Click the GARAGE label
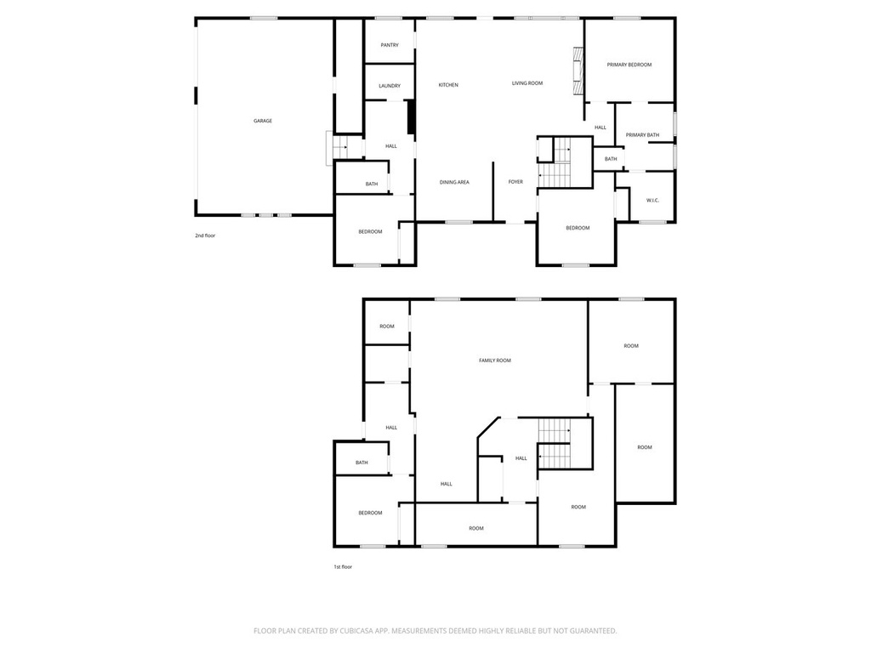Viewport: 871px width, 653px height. [x=263, y=121]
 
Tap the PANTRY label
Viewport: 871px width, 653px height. [x=390, y=45]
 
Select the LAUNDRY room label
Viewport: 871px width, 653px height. [x=390, y=86]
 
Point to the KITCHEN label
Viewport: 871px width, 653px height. [x=448, y=85]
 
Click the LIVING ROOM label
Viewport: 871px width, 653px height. [x=527, y=83]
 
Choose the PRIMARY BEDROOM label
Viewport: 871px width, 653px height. [x=629, y=65]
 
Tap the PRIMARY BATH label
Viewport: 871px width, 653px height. [x=642, y=135]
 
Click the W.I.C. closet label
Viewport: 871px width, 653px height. [x=653, y=201]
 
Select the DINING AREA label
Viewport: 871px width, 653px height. [x=454, y=182]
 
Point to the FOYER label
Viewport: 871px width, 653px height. [x=515, y=182]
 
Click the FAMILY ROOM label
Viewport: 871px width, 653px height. [x=494, y=361]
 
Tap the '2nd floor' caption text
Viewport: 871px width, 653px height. [x=205, y=236]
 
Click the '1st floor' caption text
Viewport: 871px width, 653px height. [x=342, y=566]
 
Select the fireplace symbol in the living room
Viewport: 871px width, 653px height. [x=577, y=70]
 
